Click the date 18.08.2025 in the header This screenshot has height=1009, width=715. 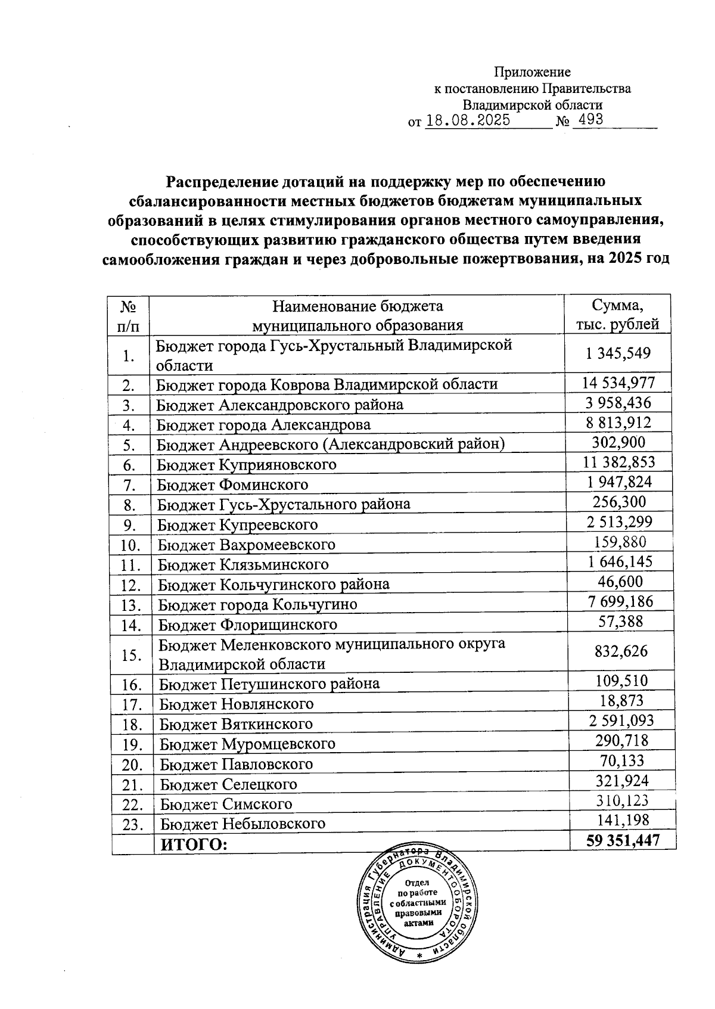pyautogui.click(x=468, y=120)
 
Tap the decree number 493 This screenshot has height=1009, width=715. pyautogui.click(x=587, y=119)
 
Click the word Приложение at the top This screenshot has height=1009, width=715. pyautogui.click(x=532, y=72)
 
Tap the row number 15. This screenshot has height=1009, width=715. pyautogui.click(x=130, y=655)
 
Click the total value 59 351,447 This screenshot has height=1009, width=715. pyautogui.click(x=623, y=840)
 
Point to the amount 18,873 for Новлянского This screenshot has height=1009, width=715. pyautogui.click(x=621, y=700)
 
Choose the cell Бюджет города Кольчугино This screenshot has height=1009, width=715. pyautogui.click(x=257, y=604)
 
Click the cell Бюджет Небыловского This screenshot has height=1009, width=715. pyautogui.click(x=243, y=824)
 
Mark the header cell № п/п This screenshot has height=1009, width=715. pyautogui.click(x=129, y=315)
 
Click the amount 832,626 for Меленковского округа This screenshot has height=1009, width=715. pyautogui.click(x=621, y=651)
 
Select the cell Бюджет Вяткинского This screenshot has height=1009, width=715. pyautogui.click(x=236, y=724)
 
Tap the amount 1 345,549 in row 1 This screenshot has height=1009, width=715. pyautogui.click(x=618, y=353)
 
